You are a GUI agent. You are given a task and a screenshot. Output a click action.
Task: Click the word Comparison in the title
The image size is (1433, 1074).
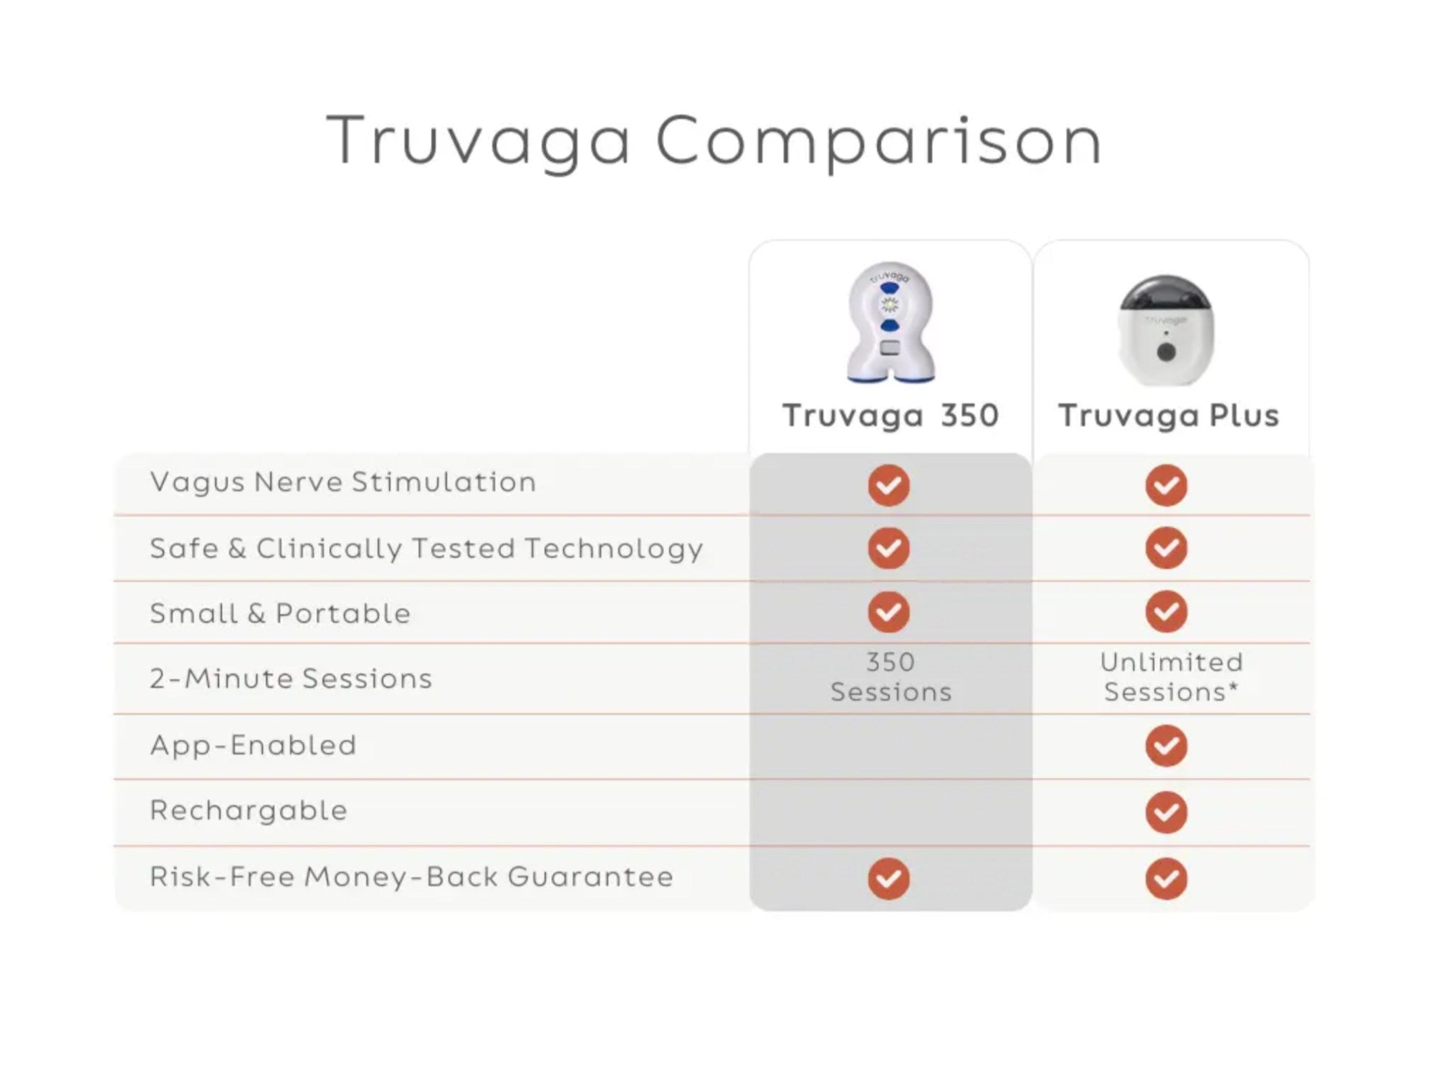[x=878, y=143]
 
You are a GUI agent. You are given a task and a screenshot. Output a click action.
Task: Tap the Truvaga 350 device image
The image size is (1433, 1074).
[x=890, y=322]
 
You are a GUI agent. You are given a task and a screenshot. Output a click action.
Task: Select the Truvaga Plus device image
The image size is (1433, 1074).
[x=1166, y=330]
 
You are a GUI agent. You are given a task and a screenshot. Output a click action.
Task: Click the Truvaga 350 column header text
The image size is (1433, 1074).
[x=891, y=416]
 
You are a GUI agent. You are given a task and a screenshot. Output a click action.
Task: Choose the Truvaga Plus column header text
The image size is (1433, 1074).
[x=1169, y=416]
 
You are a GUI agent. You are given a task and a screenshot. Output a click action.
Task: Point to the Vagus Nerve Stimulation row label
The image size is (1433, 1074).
[x=343, y=482]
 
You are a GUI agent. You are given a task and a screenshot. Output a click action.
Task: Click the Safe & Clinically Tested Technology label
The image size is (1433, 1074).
[x=426, y=550]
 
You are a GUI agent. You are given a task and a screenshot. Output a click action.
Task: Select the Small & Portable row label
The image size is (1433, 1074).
[x=280, y=613]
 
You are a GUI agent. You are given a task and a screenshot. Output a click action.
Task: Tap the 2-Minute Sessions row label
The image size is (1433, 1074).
[x=291, y=679]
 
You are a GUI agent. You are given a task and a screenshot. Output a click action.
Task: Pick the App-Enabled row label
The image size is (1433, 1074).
[x=253, y=746]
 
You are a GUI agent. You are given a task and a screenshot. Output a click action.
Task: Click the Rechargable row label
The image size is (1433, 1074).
[x=249, y=811]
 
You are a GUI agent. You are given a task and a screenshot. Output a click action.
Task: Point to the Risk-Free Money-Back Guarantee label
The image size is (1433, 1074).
[x=412, y=877]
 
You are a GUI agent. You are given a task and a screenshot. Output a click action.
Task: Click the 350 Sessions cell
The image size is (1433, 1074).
[x=891, y=677]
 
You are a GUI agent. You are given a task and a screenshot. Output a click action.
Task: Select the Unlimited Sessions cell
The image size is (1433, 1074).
[x=1171, y=677]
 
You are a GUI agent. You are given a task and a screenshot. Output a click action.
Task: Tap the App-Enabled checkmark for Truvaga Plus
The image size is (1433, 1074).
[x=1166, y=745]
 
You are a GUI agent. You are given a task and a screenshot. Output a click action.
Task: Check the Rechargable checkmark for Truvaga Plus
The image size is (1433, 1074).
[x=1166, y=812]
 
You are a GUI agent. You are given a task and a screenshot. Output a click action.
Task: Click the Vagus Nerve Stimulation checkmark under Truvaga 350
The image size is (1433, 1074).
[x=889, y=485]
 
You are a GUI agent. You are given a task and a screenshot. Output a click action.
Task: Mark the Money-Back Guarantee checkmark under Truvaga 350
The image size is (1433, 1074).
[x=889, y=878]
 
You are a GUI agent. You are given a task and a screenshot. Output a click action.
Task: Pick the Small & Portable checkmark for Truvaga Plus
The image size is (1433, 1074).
[x=1166, y=611]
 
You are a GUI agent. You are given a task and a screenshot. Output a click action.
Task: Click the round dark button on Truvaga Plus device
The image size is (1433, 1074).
[x=1166, y=353]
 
